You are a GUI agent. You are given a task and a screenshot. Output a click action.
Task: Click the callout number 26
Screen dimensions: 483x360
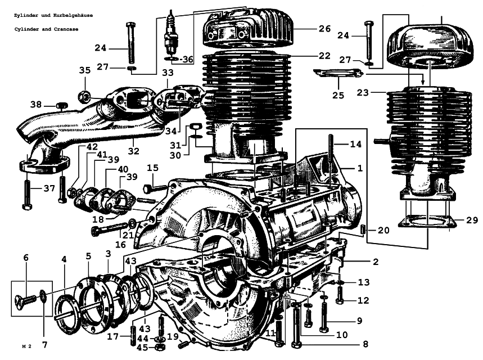(x=324, y=29)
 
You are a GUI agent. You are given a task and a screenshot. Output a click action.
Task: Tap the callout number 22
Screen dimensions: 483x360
(x=324, y=56)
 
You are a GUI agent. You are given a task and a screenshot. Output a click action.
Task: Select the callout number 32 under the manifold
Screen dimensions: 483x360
(x=134, y=151)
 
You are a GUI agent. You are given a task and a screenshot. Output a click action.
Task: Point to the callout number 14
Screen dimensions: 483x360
(x=355, y=144)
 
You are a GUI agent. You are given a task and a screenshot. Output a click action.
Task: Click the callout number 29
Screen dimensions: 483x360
(x=472, y=220)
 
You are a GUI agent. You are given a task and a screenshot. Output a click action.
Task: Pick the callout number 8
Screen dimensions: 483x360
(x=365, y=344)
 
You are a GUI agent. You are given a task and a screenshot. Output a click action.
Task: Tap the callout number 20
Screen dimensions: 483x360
(x=383, y=230)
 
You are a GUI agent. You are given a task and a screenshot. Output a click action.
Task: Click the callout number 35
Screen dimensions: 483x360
(x=85, y=70)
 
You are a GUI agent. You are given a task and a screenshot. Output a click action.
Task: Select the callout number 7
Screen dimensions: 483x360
(x=44, y=345)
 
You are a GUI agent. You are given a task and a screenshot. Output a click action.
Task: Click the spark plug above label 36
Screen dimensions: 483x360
(x=170, y=33)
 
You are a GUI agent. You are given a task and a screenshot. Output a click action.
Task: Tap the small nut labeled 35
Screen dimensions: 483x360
(x=84, y=97)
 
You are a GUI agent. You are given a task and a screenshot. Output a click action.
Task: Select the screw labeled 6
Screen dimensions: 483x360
(x=25, y=299)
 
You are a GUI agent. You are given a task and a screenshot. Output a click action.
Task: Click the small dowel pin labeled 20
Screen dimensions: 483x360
(x=363, y=229)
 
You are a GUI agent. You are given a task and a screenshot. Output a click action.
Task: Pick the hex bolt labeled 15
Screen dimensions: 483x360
(x=156, y=187)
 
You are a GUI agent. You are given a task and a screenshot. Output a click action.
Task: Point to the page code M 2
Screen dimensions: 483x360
(x=27, y=346)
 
